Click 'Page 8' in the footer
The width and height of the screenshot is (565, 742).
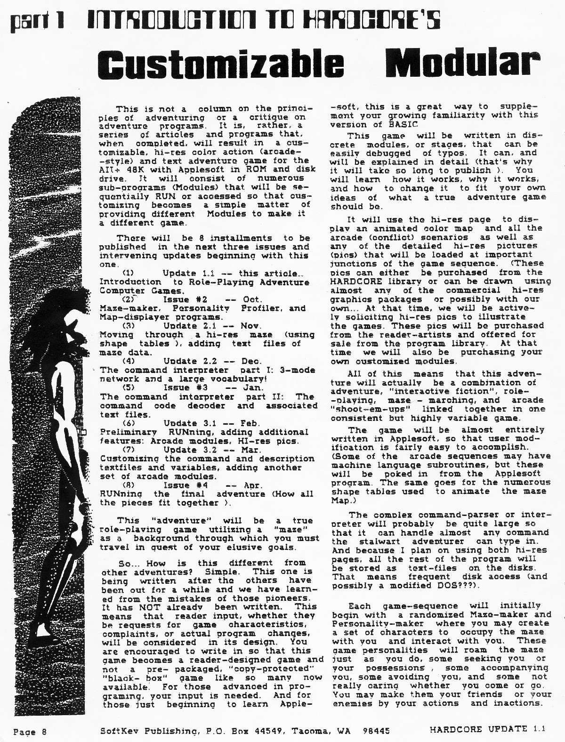point(30,731)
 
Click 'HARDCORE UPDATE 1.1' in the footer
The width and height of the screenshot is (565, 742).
point(487,729)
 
